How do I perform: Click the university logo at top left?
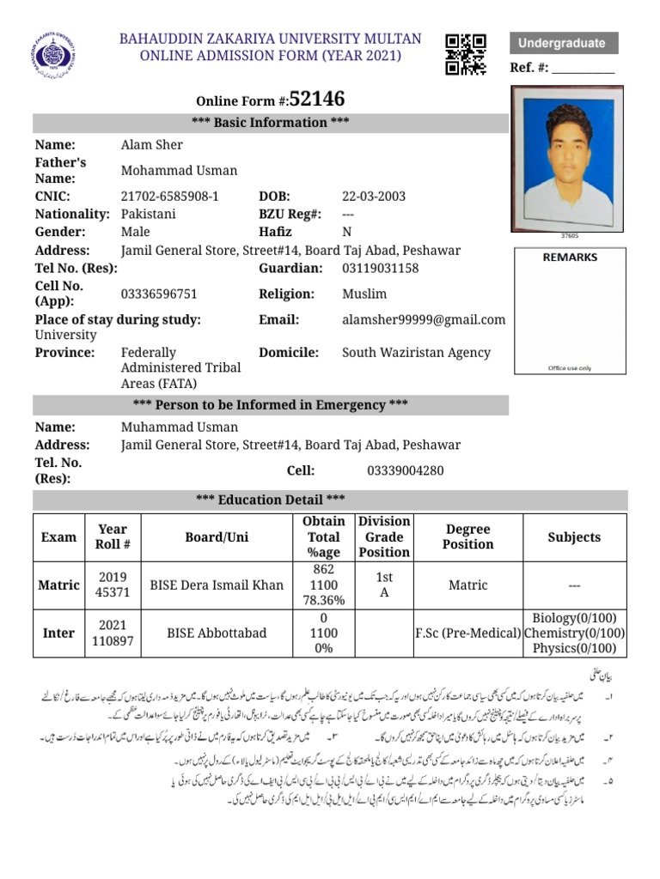(58, 55)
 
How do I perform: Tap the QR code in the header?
(466, 54)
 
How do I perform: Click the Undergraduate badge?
(563, 43)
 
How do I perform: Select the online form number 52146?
(317, 99)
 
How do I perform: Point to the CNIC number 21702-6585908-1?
(170, 196)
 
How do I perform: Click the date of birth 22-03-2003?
(374, 196)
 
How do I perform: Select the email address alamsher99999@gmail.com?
(424, 319)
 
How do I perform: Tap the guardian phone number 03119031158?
(381, 268)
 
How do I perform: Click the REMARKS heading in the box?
(570, 257)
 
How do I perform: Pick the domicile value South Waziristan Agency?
(416, 352)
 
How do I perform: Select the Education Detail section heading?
(271, 500)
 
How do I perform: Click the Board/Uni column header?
(217, 537)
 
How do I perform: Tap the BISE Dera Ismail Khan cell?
(217, 585)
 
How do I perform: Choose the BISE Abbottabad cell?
(217, 633)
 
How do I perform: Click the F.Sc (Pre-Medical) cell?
(467, 633)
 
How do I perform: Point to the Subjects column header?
(574, 537)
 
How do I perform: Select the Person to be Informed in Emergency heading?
(271, 404)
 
